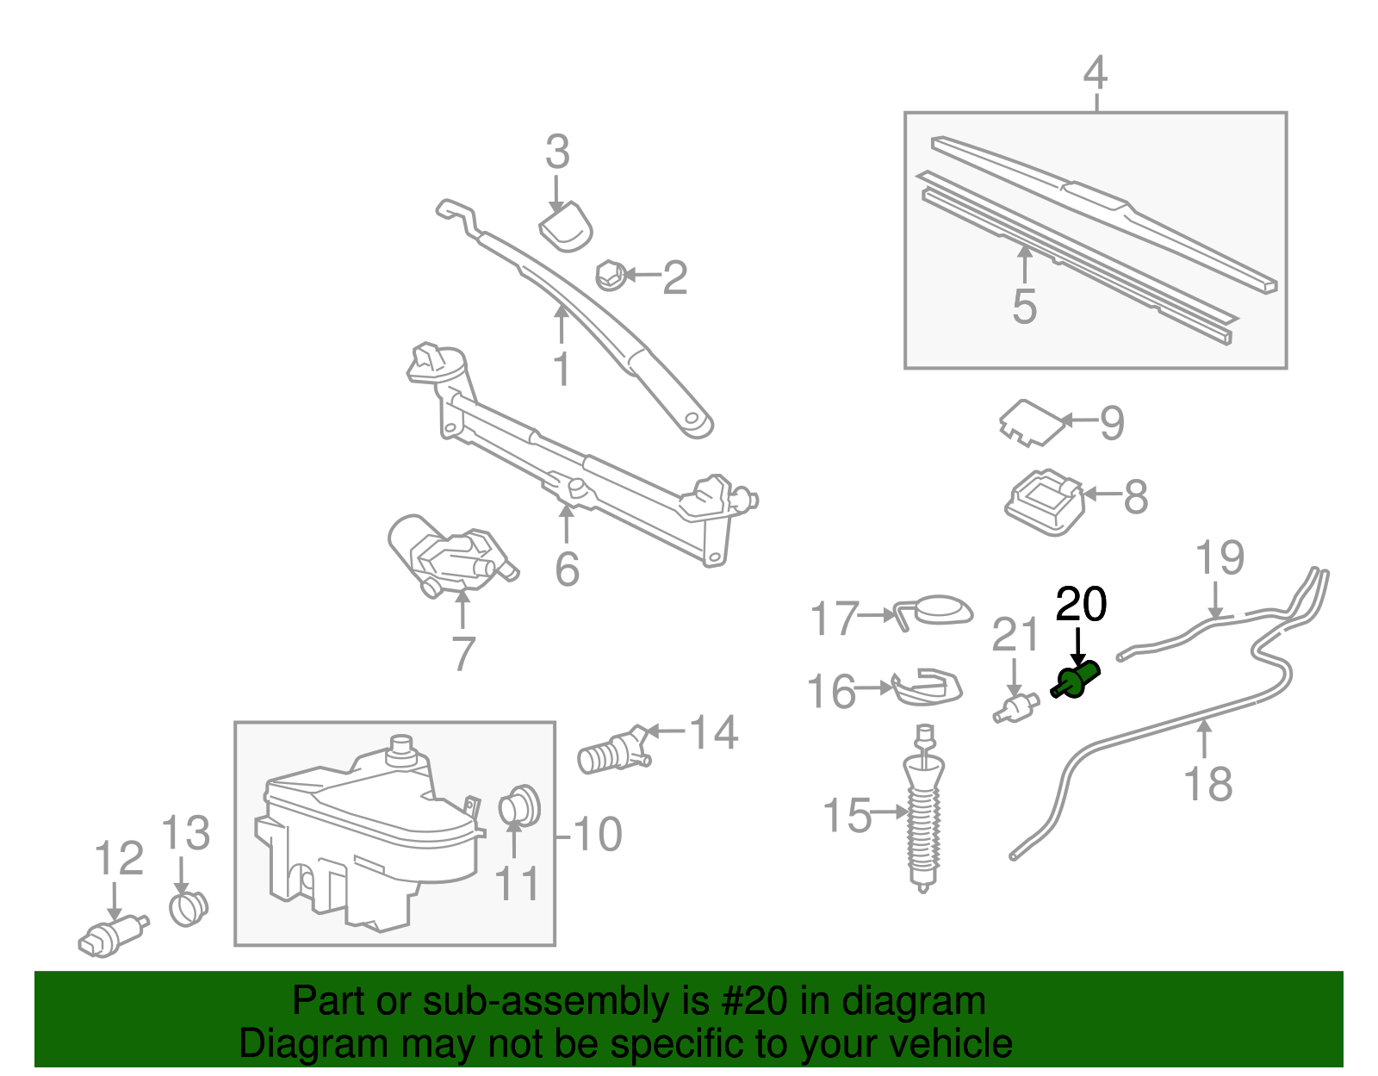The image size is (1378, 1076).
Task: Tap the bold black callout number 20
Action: coord(1081,605)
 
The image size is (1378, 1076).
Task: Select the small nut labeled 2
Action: coord(611,276)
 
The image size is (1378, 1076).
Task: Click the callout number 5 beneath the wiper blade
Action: coord(1024,307)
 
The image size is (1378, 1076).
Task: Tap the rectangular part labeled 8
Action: coord(1044,501)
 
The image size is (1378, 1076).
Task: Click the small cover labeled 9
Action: coord(1029,421)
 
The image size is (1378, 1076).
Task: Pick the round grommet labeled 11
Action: coord(519,805)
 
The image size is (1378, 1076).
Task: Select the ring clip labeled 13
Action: coord(188,907)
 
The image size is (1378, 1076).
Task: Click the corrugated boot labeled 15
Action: coord(923,818)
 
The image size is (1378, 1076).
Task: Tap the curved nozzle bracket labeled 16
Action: coord(926,687)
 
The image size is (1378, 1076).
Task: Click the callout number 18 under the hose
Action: coord(1207,784)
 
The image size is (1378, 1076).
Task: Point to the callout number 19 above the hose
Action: coord(1220,557)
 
